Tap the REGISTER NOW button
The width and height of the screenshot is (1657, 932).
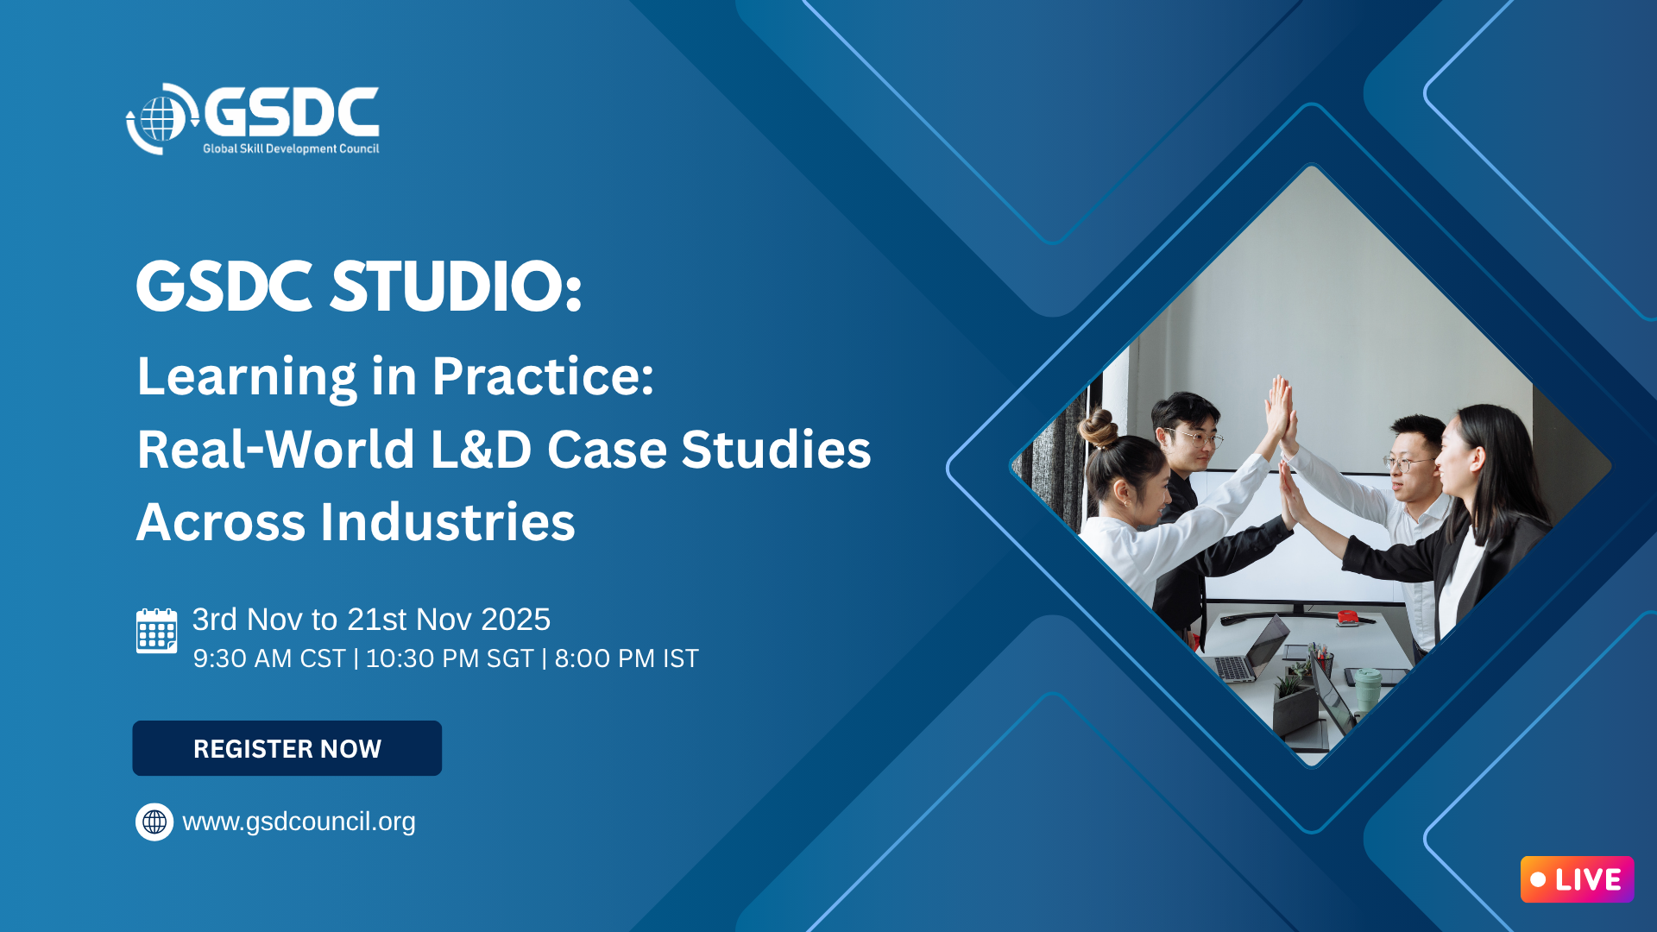287,748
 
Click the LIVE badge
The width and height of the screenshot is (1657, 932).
1577,879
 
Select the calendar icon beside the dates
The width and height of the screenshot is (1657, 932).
156,631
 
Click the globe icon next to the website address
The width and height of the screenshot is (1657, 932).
154,822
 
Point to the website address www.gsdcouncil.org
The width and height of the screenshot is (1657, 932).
299,822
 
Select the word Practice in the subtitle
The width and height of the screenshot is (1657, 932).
543,376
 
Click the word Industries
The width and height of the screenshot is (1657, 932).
447,522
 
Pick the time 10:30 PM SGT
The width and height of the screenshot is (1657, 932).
450,658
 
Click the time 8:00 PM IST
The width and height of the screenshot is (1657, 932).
627,658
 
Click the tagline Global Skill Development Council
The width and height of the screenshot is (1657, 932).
291,148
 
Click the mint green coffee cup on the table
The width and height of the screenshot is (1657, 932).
1367,689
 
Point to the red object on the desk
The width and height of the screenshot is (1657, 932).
1347,616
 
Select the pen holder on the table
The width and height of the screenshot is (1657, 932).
1321,663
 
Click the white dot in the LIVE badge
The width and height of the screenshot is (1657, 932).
1538,879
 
